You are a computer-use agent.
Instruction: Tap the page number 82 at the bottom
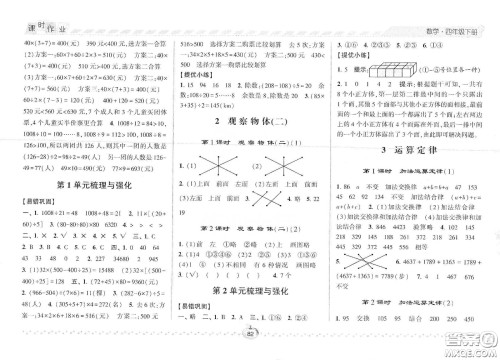click(250, 349)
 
